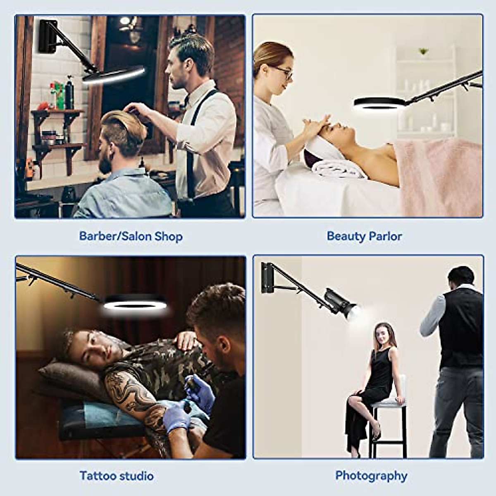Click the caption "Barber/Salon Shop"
[131, 236]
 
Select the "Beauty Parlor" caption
[364, 236]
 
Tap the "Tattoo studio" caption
[117, 476]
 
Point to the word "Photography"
[371, 476]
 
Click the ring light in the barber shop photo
[113, 75]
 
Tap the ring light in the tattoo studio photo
[135, 304]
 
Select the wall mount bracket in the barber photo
[48, 36]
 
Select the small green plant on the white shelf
[423, 51]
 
